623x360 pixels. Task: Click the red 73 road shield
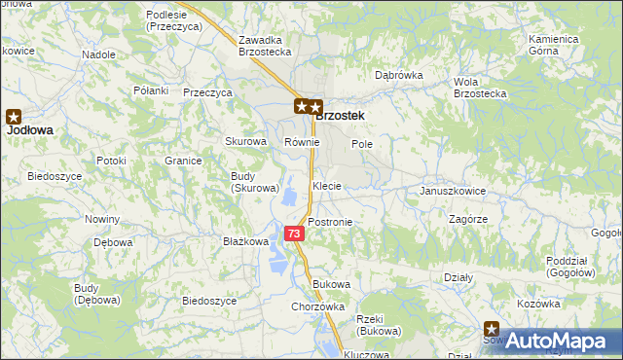point(294,234)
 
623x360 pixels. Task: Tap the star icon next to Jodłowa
point(15,114)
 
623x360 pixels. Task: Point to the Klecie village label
point(327,185)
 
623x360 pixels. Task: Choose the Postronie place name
point(330,222)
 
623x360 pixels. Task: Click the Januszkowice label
point(452,191)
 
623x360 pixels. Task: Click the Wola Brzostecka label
point(480,88)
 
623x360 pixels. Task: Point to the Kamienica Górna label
point(556,45)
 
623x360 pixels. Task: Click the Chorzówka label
point(318,306)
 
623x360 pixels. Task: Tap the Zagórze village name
point(468,220)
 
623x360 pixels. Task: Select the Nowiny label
point(102,219)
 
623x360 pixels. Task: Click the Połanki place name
point(151,90)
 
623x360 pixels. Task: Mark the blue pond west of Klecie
point(290,198)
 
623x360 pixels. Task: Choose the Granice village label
point(182,161)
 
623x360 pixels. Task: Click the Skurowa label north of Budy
point(245,141)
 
